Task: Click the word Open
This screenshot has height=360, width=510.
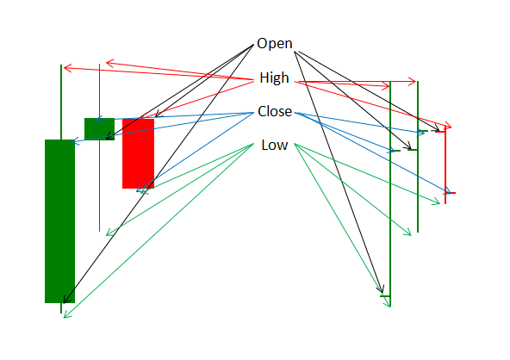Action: pyautogui.click(x=275, y=43)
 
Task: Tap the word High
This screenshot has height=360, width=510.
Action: pyautogui.click(x=274, y=78)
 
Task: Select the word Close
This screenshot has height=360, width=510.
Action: pyautogui.click(x=275, y=111)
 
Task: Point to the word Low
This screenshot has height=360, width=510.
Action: pyautogui.click(x=275, y=145)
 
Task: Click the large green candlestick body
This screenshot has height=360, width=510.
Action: pyautogui.click(x=59, y=221)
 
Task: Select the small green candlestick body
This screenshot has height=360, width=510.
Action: pyautogui.click(x=100, y=129)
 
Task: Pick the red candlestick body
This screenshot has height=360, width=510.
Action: pyautogui.click(x=138, y=153)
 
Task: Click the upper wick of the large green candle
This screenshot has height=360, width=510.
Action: pyautogui.click(x=61, y=102)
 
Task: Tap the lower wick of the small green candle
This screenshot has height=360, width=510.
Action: pyautogui.click(x=100, y=186)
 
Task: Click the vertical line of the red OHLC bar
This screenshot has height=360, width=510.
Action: pyautogui.click(x=445, y=165)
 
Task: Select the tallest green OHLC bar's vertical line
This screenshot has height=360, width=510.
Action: pyautogui.click(x=390, y=194)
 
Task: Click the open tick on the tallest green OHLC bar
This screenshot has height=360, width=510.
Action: pyautogui.click(x=385, y=296)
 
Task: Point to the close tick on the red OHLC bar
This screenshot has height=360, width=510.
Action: pyautogui.click(x=451, y=193)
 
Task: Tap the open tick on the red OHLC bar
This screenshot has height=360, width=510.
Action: pyautogui.click(x=440, y=132)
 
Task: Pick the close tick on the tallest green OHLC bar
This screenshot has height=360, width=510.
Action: pyautogui.click(x=395, y=151)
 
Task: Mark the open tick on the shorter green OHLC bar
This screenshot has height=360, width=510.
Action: pyautogui.click(x=412, y=150)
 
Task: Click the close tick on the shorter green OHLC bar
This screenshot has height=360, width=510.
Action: pyautogui.click(x=423, y=131)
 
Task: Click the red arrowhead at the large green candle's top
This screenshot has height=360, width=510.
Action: pyautogui.click(x=66, y=68)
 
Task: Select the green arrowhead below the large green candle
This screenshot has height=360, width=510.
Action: pyautogui.click(x=66, y=315)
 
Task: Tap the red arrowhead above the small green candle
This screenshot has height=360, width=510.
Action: pyautogui.click(x=109, y=63)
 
